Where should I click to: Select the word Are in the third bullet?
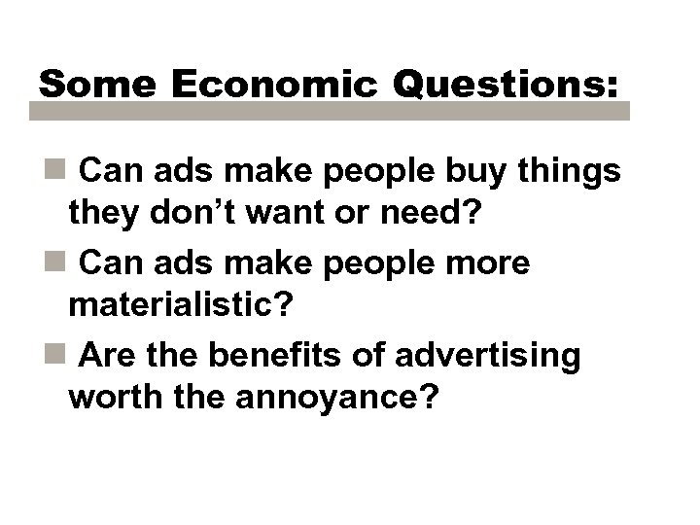[106, 355]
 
